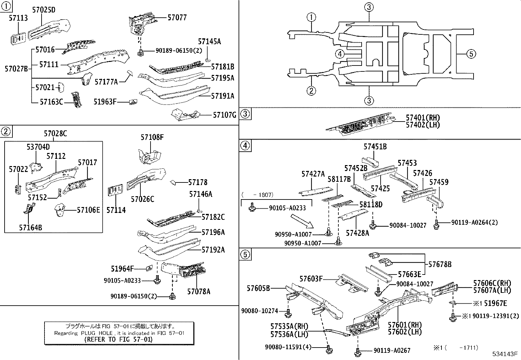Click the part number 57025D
pos(44,10)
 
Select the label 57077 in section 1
pos(177,17)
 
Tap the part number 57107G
pos(225,115)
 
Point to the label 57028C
pos(55,134)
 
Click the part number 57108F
pos(152,138)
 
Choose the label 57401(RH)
pos(423,118)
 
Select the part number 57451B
pos(375,147)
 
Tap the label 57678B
pos(440,264)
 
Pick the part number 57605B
pos(259,288)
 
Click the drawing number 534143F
pos(505,354)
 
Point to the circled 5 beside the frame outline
pos(471,54)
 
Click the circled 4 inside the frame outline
pos(340,54)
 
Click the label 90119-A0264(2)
pos(475,222)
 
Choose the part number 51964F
pos(122,269)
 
